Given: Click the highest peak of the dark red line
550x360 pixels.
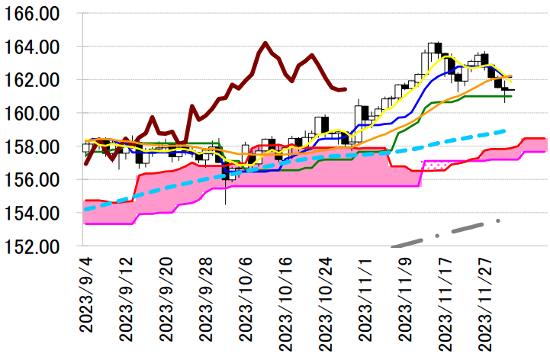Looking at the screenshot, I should [265, 43].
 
